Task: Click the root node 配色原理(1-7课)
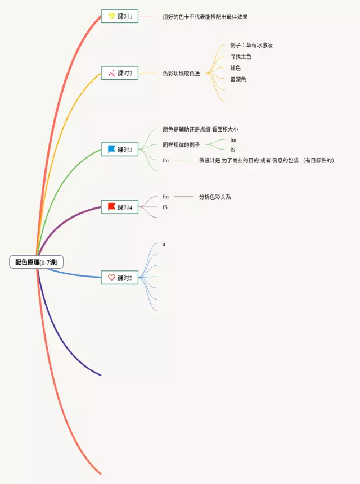coord(37,262)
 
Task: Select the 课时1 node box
coord(119,16)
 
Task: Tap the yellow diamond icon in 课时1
coord(111,16)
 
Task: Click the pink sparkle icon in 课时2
coord(111,73)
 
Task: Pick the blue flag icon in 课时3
coord(111,150)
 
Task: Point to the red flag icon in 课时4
coord(111,207)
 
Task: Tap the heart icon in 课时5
coord(111,278)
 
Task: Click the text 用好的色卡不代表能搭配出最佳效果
coord(205,17)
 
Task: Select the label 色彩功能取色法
coord(181,74)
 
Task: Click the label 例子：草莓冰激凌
coord(251,45)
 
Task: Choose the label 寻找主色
coord(241,57)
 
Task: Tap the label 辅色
coord(235,68)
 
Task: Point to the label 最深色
coord(238,79)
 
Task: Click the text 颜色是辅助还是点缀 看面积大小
coord(200,129)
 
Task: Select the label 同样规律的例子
coord(181,145)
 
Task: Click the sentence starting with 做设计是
coord(266,161)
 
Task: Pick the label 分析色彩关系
coord(215,197)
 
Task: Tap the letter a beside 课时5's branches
coord(164,244)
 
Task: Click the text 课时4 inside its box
coord(125,207)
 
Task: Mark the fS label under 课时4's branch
coord(165,207)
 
